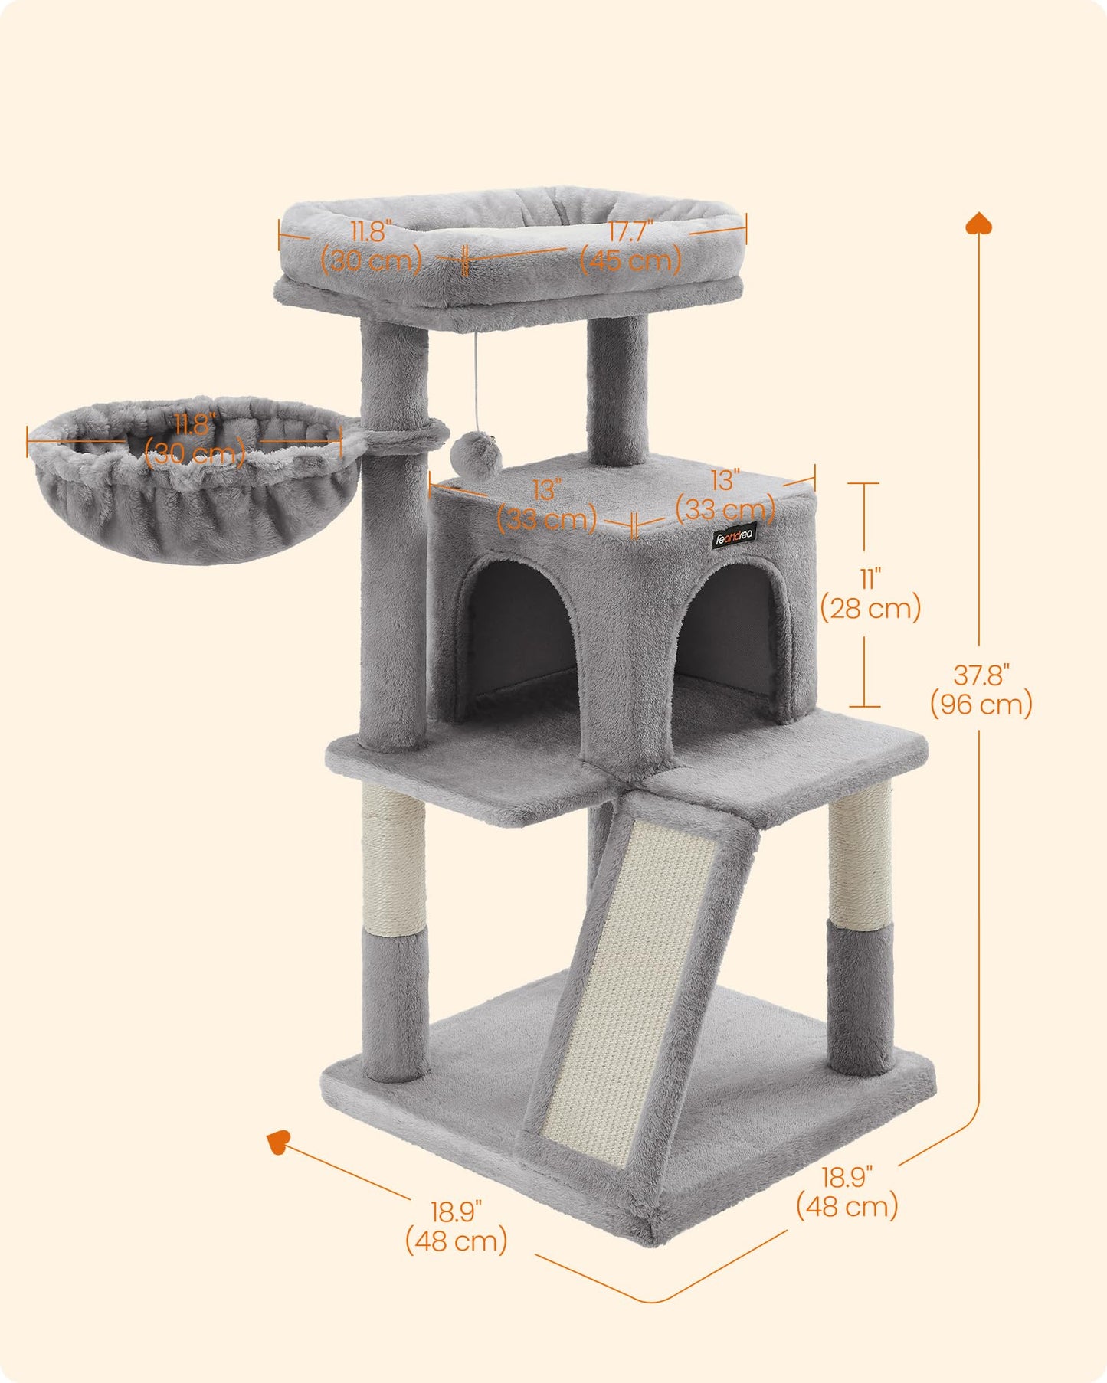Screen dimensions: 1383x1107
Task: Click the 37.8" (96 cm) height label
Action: (981, 690)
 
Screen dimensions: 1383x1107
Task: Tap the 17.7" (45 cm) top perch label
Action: (630, 247)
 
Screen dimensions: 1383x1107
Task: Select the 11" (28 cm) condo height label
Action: (870, 594)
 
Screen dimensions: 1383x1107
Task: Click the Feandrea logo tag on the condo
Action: (735, 535)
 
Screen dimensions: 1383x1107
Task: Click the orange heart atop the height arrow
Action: (979, 224)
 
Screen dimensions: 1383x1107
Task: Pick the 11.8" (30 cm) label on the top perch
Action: (372, 247)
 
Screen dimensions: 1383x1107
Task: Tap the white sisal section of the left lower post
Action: (393, 862)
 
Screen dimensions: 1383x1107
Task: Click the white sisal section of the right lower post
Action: (861, 858)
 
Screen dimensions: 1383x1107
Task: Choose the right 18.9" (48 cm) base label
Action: (847, 1192)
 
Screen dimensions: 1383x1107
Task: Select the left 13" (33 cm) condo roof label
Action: (547, 505)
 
